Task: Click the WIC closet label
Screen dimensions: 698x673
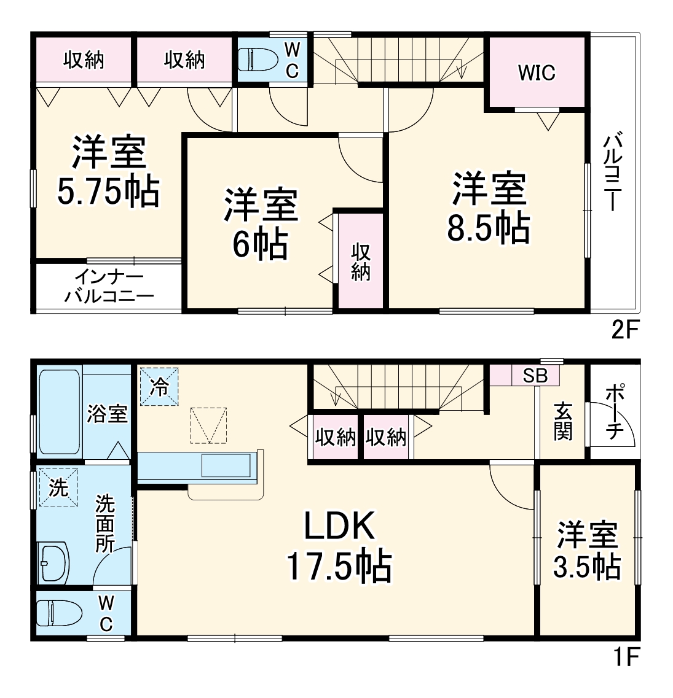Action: tap(536, 73)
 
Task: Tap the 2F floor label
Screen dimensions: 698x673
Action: tap(626, 332)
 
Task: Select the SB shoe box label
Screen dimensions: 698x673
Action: tap(535, 376)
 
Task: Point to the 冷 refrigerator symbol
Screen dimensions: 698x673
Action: tap(159, 387)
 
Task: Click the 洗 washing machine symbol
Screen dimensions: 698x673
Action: tap(58, 487)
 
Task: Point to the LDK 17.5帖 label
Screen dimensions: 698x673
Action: tap(339, 546)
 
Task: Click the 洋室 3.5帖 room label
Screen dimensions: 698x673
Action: tap(587, 551)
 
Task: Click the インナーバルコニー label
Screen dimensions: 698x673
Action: tap(108, 287)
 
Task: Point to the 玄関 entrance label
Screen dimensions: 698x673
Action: tap(562, 421)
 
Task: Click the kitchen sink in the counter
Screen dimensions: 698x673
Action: tap(227, 467)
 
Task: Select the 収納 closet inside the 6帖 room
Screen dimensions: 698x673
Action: tap(360, 262)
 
